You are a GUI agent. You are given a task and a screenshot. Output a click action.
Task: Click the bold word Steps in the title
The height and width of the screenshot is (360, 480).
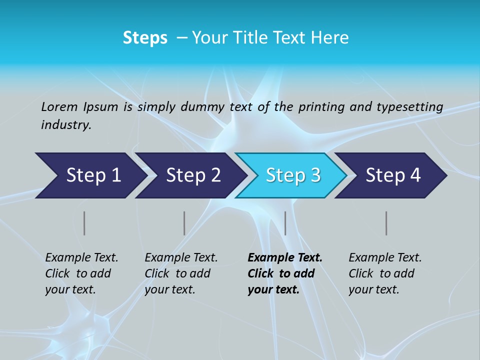145,38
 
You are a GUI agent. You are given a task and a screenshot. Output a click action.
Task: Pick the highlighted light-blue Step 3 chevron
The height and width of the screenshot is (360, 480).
293,175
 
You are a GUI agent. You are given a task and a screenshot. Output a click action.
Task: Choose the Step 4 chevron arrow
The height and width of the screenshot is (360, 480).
393,175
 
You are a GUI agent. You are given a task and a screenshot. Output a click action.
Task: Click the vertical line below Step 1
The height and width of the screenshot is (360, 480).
84,223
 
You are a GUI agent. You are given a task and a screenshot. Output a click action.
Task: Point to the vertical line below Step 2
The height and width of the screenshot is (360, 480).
184,223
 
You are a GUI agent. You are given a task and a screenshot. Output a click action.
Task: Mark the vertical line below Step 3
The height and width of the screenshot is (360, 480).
285,223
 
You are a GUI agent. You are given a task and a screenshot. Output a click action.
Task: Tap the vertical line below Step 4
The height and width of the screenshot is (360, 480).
386,223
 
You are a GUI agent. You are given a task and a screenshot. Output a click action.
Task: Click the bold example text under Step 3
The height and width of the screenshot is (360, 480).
285,273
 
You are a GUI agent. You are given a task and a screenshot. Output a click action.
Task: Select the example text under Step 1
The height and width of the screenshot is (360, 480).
81,273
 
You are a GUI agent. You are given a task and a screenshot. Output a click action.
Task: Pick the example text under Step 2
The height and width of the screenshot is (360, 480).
181,273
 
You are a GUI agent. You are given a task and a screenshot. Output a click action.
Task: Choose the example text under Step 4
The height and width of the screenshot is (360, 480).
385,273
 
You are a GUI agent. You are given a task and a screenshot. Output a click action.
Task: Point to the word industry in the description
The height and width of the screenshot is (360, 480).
65,125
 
